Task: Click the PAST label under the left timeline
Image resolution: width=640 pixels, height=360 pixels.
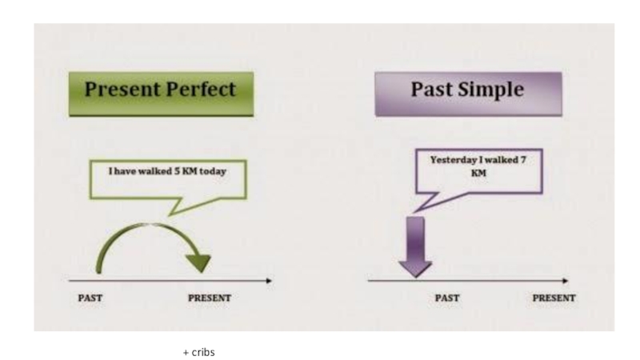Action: (x=90, y=298)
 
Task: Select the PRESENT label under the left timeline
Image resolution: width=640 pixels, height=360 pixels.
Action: (x=209, y=298)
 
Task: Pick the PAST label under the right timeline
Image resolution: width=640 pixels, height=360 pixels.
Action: (x=446, y=298)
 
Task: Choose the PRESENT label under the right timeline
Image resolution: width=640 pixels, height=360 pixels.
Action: (x=554, y=298)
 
